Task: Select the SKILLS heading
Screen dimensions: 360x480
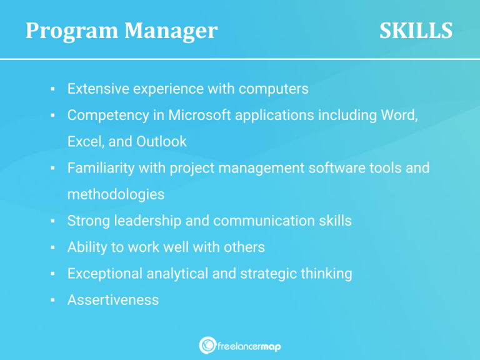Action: (416, 31)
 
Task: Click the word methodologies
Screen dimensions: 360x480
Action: (116, 194)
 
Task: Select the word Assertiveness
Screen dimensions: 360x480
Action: (113, 300)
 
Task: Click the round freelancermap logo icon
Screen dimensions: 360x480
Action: (207, 346)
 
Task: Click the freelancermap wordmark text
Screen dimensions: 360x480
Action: (249, 346)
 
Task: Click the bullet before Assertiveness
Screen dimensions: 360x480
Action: (54, 301)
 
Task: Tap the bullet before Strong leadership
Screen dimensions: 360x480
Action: (54, 221)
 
